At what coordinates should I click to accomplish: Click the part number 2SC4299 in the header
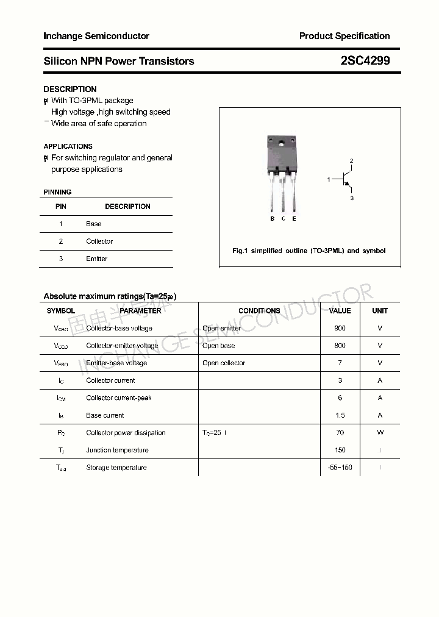(365, 61)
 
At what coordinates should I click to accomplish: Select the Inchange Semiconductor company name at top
(96, 36)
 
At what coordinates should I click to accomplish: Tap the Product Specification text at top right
(344, 36)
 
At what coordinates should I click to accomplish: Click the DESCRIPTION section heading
(70, 89)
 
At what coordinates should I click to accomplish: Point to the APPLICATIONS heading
(68, 146)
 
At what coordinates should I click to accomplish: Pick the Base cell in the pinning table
(94, 224)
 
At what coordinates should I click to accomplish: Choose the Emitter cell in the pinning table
(97, 259)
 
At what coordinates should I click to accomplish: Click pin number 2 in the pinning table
(61, 241)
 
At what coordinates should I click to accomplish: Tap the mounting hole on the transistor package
(282, 144)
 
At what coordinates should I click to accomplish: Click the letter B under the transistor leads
(273, 218)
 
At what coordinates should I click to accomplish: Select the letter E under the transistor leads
(294, 218)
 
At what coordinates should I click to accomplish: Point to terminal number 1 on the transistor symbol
(329, 179)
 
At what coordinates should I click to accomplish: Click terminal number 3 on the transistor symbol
(352, 198)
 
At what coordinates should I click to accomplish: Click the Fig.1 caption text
(309, 251)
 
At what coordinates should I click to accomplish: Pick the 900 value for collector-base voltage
(340, 328)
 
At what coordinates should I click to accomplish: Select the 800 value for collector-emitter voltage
(340, 346)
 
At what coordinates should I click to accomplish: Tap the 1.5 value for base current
(340, 415)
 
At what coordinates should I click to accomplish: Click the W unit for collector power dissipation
(380, 432)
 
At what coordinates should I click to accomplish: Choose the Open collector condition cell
(224, 363)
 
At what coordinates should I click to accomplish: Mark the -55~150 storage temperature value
(340, 468)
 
